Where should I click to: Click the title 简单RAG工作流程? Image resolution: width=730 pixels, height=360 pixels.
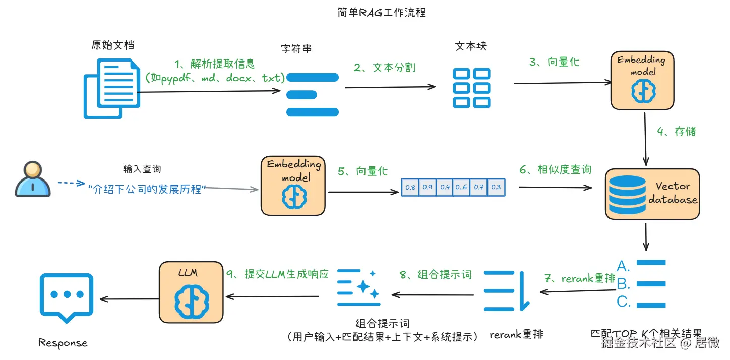tap(382, 12)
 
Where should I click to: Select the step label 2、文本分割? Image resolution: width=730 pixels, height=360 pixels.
tap(384, 67)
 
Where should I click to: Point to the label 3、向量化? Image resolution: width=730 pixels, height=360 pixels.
tap(554, 62)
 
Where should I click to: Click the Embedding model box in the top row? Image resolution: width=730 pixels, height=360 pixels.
tap(642, 81)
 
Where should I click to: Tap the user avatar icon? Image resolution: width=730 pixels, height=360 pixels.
tap(33, 179)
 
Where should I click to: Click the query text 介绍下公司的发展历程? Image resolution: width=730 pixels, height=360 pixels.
tap(147, 190)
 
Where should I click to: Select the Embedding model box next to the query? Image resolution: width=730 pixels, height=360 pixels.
tap(294, 186)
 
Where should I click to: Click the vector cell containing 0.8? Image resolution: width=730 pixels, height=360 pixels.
tap(410, 187)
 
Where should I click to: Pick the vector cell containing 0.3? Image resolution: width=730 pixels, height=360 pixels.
tap(496, 187)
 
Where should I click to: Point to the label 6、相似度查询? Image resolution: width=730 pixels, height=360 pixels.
tap(555, 170)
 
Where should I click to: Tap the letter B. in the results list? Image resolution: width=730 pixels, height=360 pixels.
tap(624, 284)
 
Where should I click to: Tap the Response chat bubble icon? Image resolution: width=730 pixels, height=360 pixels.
tap(67, 296)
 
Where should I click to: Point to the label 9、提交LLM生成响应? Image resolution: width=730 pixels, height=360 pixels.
tap(277, 274)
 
